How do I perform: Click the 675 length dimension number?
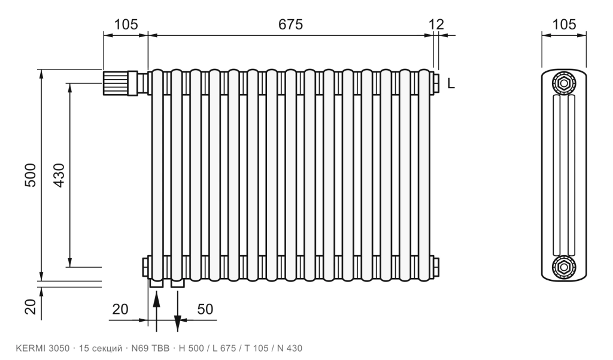click(x=290, y=25)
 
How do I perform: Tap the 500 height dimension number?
click(x=31, y=175)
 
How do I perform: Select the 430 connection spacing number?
click(x=59, y=175)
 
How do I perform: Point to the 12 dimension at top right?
click(x=436, y=25)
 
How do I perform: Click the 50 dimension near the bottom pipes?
click(x=205, y=309)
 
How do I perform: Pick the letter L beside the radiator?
click(x=451, y=83)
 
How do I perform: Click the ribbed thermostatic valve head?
click(x=116, y=83)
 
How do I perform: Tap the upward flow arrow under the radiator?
click(x=156, y=311)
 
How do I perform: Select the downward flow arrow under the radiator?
click(x=177, y=311)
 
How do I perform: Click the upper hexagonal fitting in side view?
click(x=564, y=83)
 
